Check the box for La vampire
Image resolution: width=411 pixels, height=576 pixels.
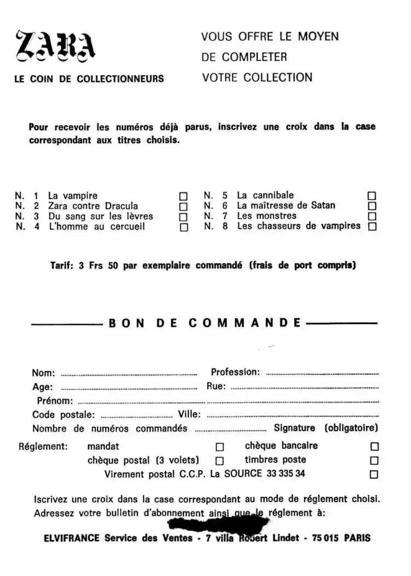184,196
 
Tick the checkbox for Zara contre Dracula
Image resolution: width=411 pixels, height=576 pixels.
184,206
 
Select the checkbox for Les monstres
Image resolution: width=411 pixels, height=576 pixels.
373,216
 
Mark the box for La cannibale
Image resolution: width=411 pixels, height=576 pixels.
373,195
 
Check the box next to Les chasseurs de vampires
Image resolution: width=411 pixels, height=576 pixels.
373,226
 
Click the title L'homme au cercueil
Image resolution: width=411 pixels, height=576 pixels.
96,227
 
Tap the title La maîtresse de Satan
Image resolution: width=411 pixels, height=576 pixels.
286,206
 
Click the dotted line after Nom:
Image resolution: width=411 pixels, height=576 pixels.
128,375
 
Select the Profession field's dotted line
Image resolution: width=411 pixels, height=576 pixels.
322,374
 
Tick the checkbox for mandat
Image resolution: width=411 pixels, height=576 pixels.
220,447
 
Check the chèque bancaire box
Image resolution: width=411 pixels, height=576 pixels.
375,447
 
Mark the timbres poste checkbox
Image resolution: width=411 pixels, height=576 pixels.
375,461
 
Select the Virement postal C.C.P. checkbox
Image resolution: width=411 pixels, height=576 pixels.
375,475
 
